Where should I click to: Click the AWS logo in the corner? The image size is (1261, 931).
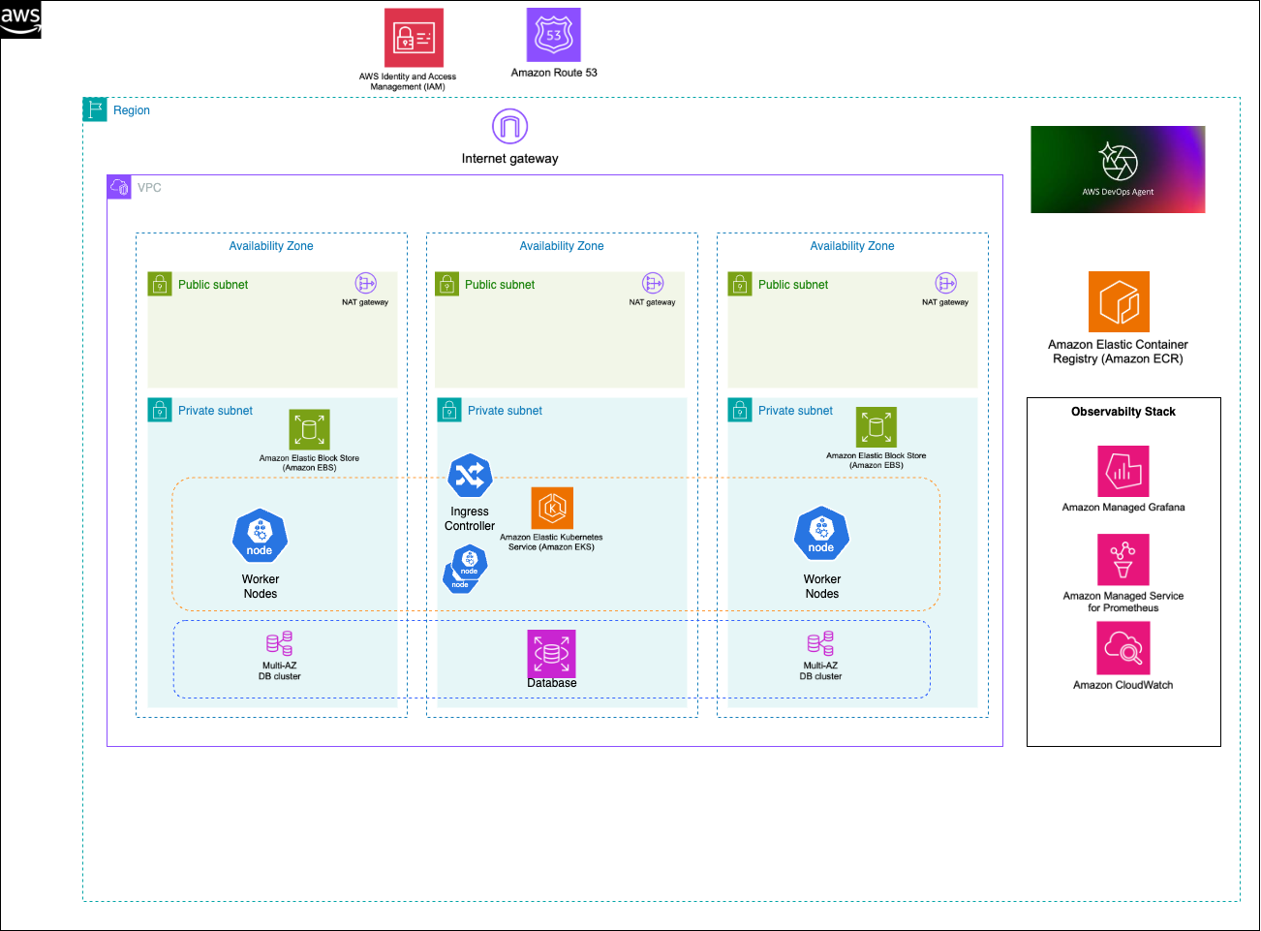[20, 19]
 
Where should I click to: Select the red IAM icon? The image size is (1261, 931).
[414, 38]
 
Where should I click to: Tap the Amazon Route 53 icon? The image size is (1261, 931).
[553, 35]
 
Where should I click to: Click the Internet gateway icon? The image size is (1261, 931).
[509, 126]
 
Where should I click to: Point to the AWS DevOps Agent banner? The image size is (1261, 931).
[1118, 169]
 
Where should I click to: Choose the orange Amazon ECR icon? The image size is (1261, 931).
[1119, 301]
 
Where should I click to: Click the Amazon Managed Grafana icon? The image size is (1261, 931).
[1123, 471]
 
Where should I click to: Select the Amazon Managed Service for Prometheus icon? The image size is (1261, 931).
[1123, 560]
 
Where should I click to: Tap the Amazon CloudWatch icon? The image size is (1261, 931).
[1123, 648]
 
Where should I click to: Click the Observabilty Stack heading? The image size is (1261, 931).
[1123, 412]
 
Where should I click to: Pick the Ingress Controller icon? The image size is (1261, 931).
[470, 476]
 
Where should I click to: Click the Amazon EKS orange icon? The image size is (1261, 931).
[552, 508]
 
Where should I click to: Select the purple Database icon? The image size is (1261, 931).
[551, 653]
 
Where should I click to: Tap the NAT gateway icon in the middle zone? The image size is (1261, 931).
[653, 283]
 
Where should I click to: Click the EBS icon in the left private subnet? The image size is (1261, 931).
[309, 429]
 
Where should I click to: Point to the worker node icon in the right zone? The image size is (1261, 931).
[821, 534]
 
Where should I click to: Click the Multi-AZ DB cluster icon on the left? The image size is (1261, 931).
[279, 643]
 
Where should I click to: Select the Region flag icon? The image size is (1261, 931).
[94, 109]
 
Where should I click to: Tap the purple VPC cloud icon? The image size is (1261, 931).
[119, 187]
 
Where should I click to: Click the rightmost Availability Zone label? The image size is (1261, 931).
[851, 246]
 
